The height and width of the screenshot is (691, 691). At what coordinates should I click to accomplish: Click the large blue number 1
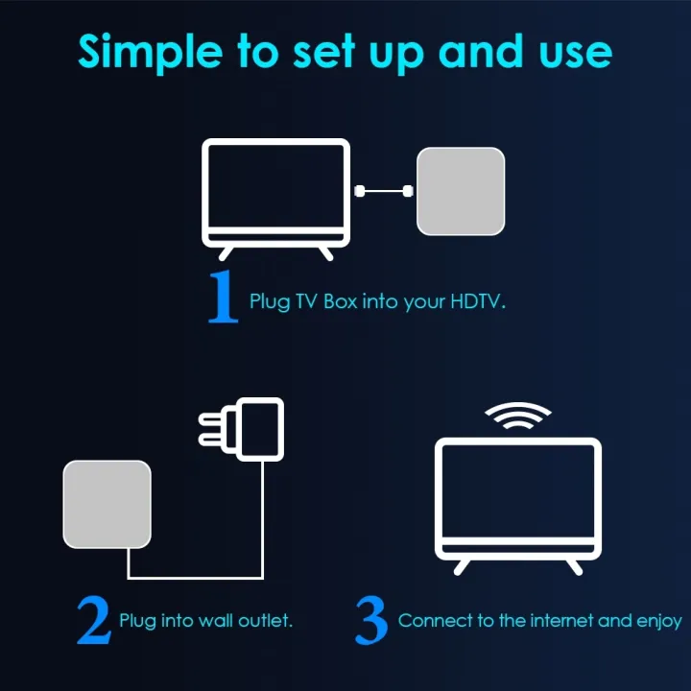point(223,298)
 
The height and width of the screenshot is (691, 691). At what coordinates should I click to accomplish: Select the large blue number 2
point(94,622)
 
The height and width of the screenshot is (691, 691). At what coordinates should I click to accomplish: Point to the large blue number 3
point(371,622)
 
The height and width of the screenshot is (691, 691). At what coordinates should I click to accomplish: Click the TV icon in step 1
point(275,192)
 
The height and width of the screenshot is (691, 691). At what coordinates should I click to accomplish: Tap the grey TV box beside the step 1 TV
point(461,191)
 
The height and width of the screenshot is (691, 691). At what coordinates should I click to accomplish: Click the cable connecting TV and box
point(384,191)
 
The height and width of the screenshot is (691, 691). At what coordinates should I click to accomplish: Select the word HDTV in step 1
point(476,301)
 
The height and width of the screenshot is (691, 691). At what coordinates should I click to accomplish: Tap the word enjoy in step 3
point(659,621)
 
